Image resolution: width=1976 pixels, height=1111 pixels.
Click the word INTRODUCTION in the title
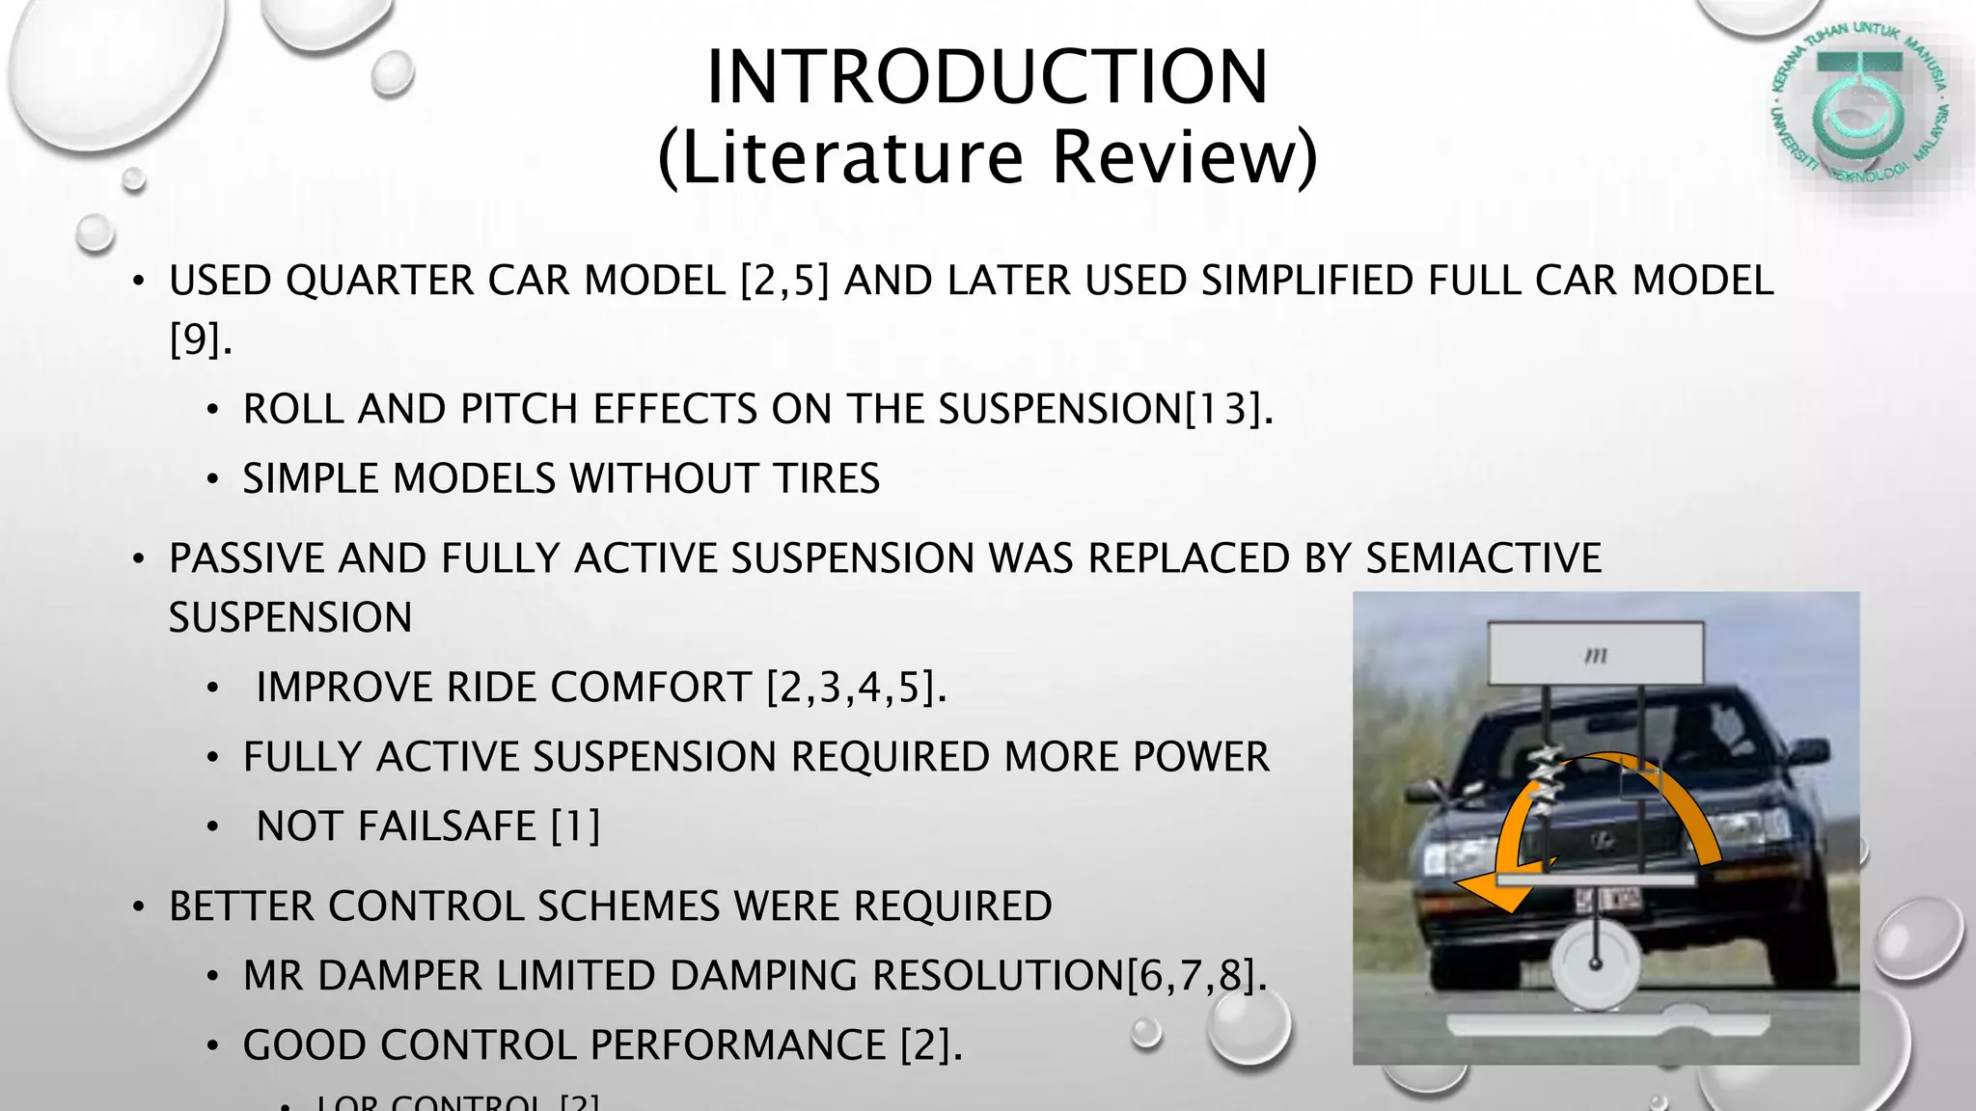coord(986,77)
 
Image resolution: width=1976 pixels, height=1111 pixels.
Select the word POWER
coord(1200,757)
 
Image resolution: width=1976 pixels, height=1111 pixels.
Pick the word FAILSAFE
coord(396,826)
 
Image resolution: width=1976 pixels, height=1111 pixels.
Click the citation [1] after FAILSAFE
coord(575,826)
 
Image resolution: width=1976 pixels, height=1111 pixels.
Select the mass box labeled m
coord(1595,654)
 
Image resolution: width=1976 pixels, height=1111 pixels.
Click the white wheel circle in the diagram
coord(1595,962)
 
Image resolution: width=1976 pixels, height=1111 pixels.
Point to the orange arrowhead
coord(1487,891)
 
